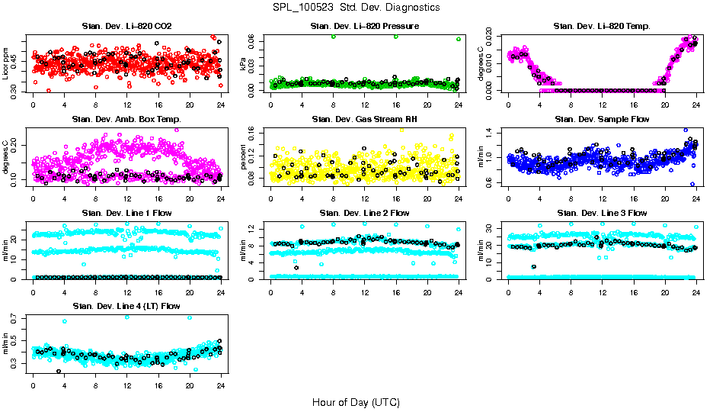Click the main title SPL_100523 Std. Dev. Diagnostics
pos(356,8)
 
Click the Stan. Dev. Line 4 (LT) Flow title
pos(126,306)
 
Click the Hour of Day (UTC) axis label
pos(356,402)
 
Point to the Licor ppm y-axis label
pos(6,63)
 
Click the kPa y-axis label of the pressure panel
pos(244,63)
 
